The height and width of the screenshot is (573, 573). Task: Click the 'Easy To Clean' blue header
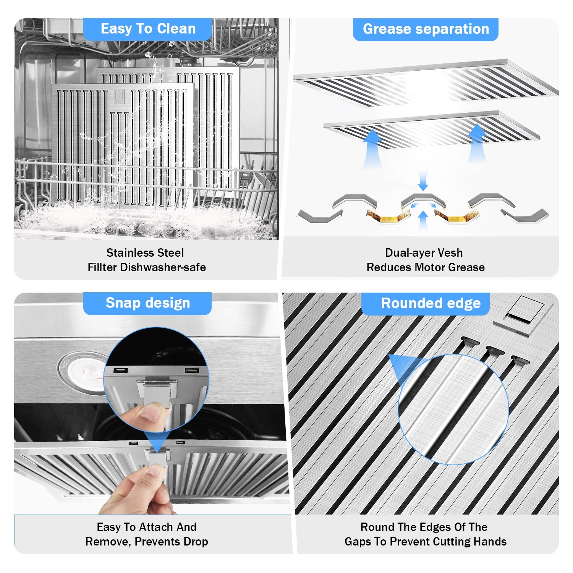(x=147, y=29)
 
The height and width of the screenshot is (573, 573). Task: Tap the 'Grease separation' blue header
(x=426, y=29)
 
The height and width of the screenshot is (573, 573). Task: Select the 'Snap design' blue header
(x=147, y=303)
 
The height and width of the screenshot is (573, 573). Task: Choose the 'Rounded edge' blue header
(x=426, y=303)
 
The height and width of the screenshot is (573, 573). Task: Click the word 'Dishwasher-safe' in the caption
(x=163, y=267)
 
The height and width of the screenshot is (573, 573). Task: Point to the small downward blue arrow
(x=423, y=181)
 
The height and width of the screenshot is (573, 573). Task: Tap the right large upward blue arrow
(x=477, y=144)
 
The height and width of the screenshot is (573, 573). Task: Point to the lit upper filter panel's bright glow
(x=422, y=82)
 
